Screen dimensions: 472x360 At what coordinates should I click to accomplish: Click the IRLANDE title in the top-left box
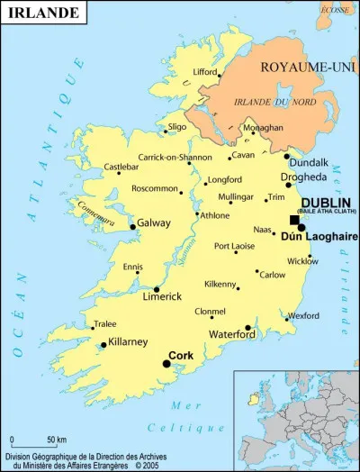click(35, 12)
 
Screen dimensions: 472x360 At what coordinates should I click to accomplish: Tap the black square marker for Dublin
click(293, 220)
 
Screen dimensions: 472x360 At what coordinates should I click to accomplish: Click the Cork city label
click(182, 355)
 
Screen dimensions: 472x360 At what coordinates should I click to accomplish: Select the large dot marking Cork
click(166, 363)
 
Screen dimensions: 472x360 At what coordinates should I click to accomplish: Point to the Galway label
click(154, 222)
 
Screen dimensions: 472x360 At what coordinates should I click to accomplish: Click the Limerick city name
click(162, 296)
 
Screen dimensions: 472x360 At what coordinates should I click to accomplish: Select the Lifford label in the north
click(206, 71)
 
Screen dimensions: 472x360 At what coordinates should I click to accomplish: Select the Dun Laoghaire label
click(313, 237)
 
